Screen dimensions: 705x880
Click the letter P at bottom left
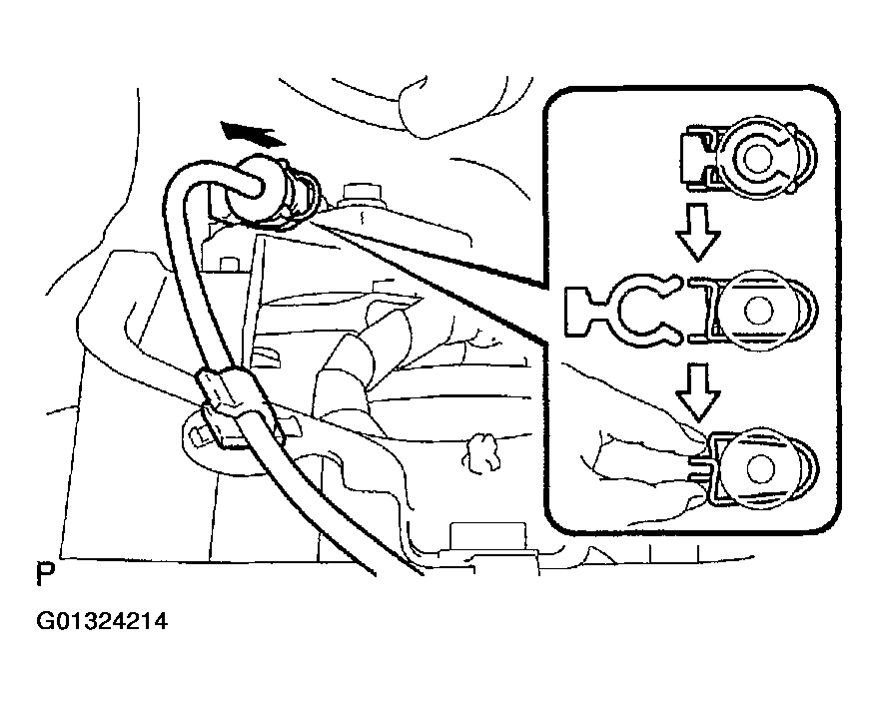click(43, 576)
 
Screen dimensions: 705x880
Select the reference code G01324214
click(102, 623)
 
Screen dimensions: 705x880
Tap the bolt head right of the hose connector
click(360, 191)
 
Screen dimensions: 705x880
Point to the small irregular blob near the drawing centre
click(484, 450)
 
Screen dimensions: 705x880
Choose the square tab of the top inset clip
click(694, 155)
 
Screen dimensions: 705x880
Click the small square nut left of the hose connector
click(231, 266)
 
